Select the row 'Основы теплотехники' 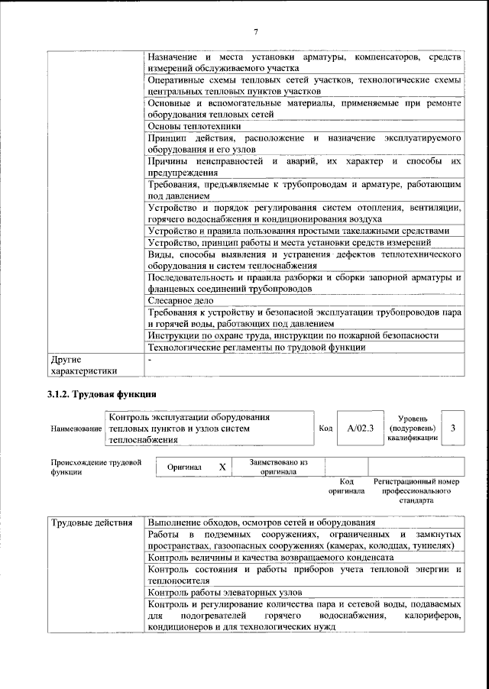195,126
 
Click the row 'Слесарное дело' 180,302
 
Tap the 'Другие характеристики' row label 83,364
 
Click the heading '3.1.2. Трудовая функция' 102,395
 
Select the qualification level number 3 453,429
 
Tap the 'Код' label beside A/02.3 325,429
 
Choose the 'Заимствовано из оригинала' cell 278,467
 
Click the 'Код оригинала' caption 346,486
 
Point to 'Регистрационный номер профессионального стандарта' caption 416,490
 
